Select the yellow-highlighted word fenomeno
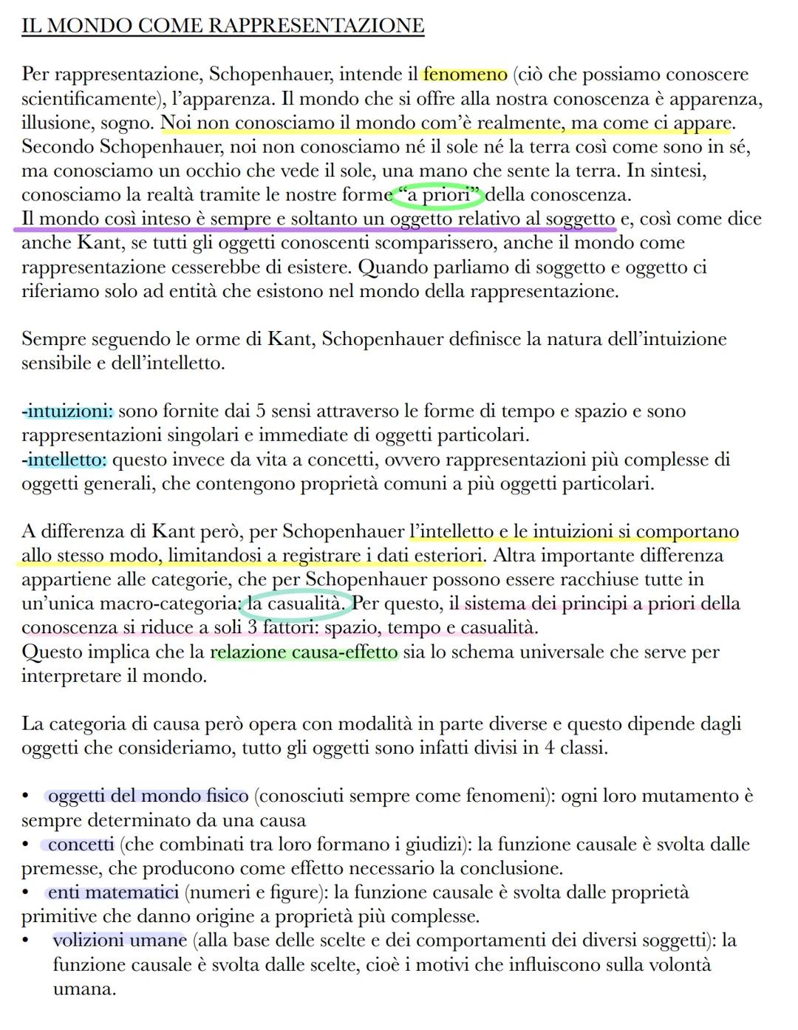tap(465, 75)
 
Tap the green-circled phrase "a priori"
tap(437, 196)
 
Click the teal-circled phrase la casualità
tap(296, 604)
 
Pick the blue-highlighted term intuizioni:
tap(69, 411)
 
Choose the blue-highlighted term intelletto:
tap(66, 460)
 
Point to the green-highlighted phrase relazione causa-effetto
tap(304, 652)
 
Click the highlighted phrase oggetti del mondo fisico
tap(148, 796)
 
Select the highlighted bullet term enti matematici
tap(113, 892)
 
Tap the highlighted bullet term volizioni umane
tap(120, 940)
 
